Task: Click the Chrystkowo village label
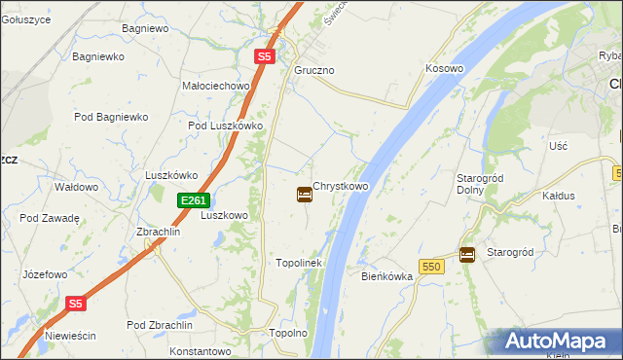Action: pyautogui.click(x=341, y=185)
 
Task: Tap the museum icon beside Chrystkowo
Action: pyautogui.click(x=304, y=195)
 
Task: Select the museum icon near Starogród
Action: pyautogui.click(x=467, y=254)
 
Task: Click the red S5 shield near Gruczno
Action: pyautogui.click(x=265, y=57)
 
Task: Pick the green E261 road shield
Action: pyautogui.click(x=193, y=200)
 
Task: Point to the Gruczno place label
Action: pyautogui.click(x=314, y=71)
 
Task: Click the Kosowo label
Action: pyautogui.click(x=444, y=69)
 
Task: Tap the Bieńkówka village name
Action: pyautogui.click(x=387, y=276)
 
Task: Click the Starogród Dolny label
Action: pyautogui.click(x=478, y=184)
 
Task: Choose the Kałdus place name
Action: pyautogui.click(x=559, y=196)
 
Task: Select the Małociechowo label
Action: pyautogui.click(x=217, y=86)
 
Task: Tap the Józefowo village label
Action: pyautogui.click(x=45, y=274)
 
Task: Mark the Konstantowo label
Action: pyautogui.click(x=200, y=350)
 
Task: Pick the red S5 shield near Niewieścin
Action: pyautogui.click(x=77, y=304)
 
